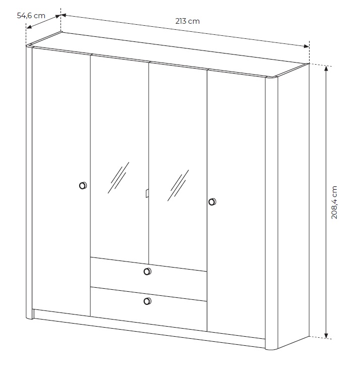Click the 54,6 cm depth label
[x=31, y=16]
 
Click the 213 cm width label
[x=188, y=21]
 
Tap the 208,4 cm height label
[x=334, y=202]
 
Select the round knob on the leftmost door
[x=83, y=186]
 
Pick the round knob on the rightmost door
[x=212, y=202]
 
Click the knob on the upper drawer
[x=147, y=272]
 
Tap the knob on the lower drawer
[x=147, y=301]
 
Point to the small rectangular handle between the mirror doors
[x=147, y=193]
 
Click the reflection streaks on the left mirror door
[x=118, y=178]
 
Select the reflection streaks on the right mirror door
[x=178, y=185]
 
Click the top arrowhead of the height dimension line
[x=327, y=68]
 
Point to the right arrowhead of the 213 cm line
[x=307, y=46]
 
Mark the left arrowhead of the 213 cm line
[x=64, y=16]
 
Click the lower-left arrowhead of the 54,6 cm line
[x=29, y=27]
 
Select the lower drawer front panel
[x=148, y=309]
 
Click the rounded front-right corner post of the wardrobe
[x=271, y=213]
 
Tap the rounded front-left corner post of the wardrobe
[x=29, y=182]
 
